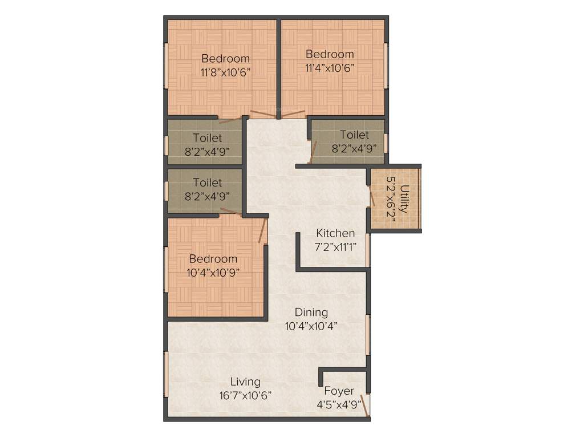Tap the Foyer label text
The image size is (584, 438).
coord(339,391)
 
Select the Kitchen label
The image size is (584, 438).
coord(335,233)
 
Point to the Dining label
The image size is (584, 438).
coord(311,313)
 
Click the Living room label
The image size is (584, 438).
coord(245,382)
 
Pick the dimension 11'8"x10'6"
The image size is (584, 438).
coord(225,72)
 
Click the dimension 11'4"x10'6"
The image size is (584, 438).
coord(330,68)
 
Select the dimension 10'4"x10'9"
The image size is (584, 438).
coord(213,273)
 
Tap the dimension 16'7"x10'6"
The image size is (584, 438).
coord(245,395)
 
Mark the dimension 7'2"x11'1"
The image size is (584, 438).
coord(335,246)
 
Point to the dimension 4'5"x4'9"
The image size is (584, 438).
coord(339,405)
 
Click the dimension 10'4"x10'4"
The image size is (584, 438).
coord(311,326)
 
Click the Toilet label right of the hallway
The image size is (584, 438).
coord(354,135)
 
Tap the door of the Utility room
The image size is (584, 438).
coord(372,196)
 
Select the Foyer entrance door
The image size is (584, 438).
coord(364,403)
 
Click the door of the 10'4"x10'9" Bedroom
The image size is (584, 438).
coord(263,230)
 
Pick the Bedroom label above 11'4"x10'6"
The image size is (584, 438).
coord(330,54)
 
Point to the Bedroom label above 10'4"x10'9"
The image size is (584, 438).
coord(213,259)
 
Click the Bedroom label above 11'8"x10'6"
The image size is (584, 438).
coord(225,59)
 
